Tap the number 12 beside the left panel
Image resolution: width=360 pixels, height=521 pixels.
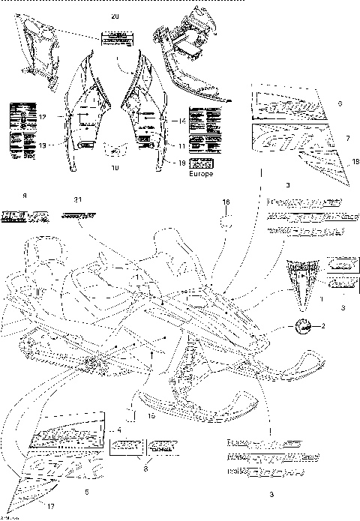pyautogui.click(x=43, y=116)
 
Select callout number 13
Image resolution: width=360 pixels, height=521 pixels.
pyautogui.click(x=43, y=145)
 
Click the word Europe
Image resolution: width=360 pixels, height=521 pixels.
pyautogui.click(x=201, y=173)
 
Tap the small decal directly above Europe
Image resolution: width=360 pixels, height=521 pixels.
pyautogui.click(x=201, y=163)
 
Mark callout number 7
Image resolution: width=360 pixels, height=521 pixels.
pyautogui.click(x=347, y=138)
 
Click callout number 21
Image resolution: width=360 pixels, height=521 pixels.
pyautogui.click(x=77, y=199)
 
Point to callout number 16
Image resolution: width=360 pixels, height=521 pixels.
pyautogui.click(x=224, y=202)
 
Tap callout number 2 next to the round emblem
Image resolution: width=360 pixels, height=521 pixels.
pyautogui.click(x=322, y=326)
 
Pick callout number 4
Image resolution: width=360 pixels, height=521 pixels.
pyautogui.click(x=119, y=429)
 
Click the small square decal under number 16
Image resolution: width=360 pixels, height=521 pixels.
pyautogui.click(x=223, y=223)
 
